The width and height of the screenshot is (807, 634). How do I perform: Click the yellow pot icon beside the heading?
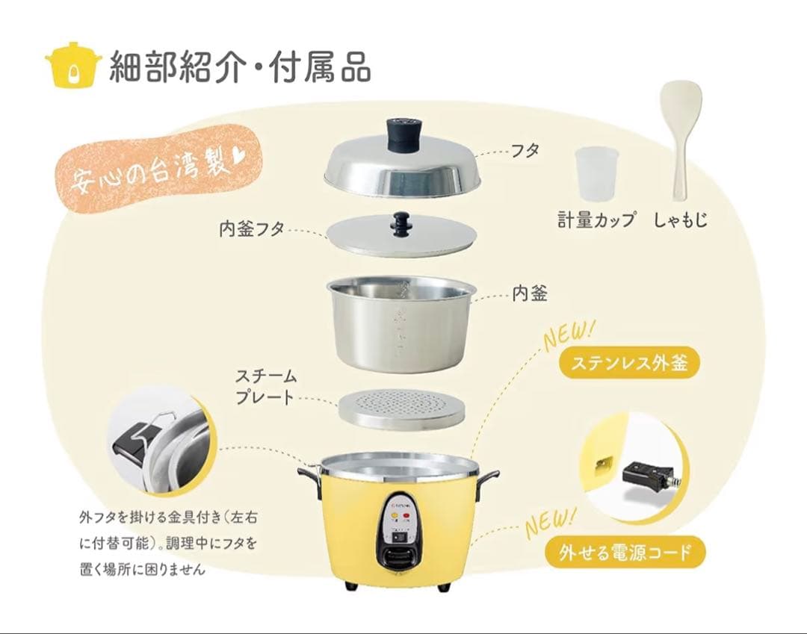(x=72, y=65)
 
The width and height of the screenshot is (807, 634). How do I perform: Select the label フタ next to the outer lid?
(x=526, y=150)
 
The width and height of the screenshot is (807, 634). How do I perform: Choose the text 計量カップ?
(x=596, y=220)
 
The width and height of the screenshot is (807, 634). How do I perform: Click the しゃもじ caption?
(x=680, y=220)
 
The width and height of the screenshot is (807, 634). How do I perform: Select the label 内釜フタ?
(x=251, y=229)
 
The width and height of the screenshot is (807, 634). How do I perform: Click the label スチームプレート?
(x=266, y=386)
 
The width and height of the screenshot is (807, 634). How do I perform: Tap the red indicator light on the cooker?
(x=407, y=515)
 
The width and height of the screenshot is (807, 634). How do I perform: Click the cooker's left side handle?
(x=309, y=473)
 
